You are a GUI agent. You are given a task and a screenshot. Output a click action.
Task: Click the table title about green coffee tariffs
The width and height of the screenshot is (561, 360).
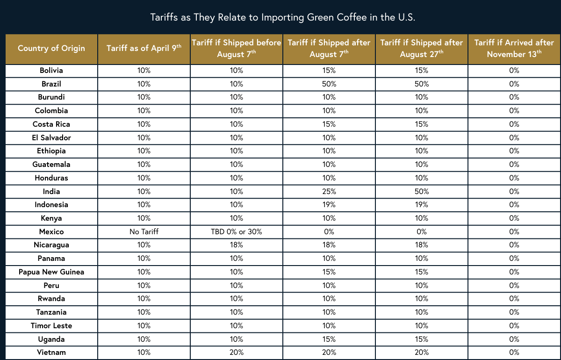282,17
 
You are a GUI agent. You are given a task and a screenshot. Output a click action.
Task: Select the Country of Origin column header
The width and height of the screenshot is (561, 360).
51,48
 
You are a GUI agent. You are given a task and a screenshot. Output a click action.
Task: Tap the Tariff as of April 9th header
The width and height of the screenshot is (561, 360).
144,48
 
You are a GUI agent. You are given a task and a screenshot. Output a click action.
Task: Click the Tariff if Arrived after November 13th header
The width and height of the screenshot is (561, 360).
514,48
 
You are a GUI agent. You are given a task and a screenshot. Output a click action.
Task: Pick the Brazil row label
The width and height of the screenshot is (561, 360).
51,84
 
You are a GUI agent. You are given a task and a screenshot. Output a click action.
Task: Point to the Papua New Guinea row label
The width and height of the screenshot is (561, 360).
51,272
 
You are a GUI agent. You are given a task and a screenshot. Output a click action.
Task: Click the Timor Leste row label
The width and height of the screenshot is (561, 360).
51,325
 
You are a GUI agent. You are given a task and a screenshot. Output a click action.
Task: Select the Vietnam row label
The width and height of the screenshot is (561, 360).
51,353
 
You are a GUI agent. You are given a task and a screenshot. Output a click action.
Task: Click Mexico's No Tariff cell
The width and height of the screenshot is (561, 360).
144,231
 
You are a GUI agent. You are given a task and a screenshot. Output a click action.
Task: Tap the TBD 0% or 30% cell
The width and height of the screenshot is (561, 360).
236,231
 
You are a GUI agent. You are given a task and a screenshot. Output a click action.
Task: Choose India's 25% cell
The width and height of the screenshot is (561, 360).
329,191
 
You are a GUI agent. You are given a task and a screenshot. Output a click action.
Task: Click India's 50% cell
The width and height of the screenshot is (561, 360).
421,191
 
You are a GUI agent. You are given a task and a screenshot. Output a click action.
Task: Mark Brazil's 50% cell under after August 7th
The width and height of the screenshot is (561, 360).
329,84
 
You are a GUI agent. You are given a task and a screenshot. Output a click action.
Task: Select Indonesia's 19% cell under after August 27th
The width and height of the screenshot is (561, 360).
421,205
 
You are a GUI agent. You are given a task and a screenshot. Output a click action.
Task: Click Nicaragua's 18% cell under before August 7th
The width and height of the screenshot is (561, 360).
236,245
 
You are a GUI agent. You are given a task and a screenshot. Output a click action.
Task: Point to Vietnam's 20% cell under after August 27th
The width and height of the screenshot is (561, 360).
421,353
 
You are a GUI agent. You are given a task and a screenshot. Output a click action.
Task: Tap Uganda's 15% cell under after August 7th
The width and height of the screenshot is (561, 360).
329,339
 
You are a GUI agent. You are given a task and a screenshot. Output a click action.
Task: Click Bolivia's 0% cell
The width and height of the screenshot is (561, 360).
514,71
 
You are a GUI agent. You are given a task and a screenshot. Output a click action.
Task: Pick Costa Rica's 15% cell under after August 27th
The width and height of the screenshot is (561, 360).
421,124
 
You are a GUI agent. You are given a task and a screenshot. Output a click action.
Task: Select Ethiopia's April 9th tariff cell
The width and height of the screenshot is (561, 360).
144,151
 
